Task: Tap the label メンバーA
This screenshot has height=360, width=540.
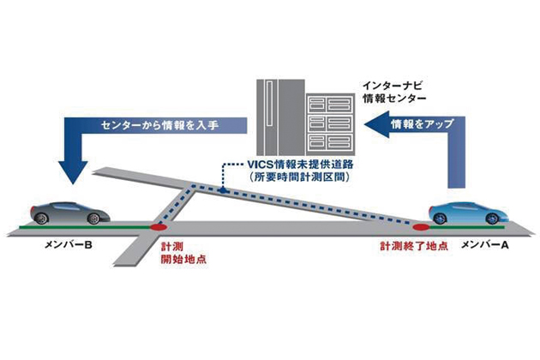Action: [480, 246]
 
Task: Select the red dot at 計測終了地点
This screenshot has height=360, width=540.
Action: [421, 227]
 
